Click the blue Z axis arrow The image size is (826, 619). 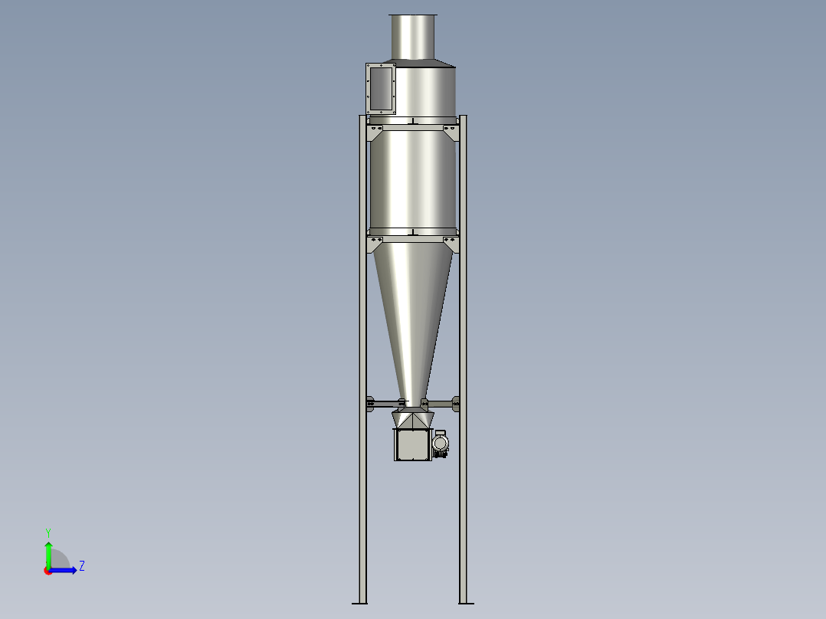(64, 569)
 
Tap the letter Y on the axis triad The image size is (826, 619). (48, 532)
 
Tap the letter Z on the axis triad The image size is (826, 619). (81, 567)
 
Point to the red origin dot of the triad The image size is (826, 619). (48, 570)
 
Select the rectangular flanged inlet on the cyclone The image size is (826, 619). (381, 89)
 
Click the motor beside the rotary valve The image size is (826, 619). (440, 444)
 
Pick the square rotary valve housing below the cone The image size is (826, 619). (411, 444)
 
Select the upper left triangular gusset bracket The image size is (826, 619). (375, 133)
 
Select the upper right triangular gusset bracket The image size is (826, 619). (451, 133)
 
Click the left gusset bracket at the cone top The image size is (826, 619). (375, 244)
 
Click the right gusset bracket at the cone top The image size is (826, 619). (451, 244)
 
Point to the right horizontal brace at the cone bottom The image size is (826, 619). (441, 402)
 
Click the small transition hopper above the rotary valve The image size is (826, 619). (412, 419)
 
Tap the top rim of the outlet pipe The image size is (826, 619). (413, 15)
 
